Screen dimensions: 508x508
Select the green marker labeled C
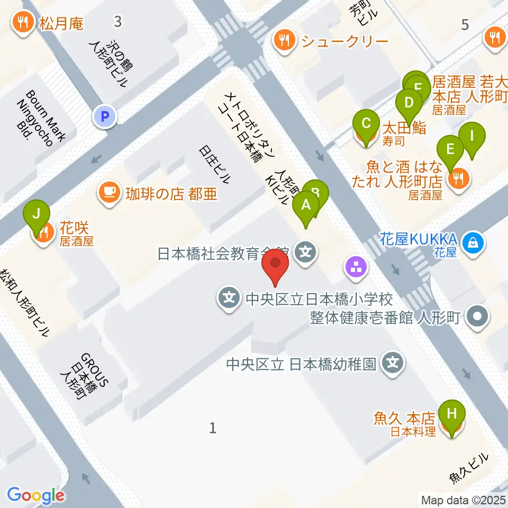366,124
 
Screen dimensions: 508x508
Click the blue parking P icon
105,116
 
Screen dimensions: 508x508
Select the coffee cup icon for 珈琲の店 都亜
108,192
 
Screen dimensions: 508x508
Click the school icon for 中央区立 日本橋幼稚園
393,363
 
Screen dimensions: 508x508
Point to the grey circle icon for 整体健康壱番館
478,317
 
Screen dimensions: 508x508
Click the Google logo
35,495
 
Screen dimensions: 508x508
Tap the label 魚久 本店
412,419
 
